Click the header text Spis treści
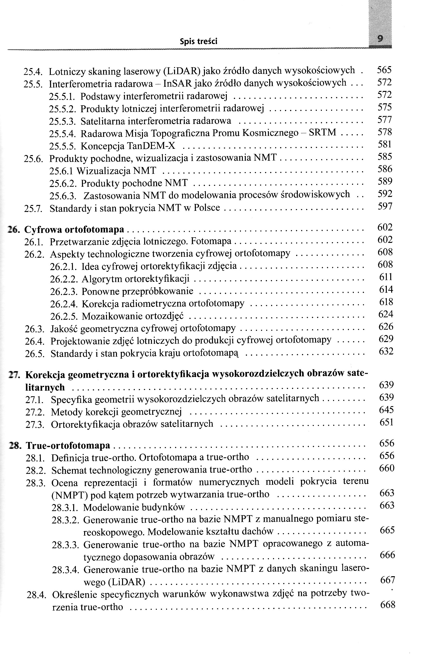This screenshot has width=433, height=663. pos(198,42)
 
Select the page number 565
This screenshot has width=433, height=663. pos(384,70)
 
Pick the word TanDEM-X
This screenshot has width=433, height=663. pos(151,146)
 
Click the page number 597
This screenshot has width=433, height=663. pos(385,206)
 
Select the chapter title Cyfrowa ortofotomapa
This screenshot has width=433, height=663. pos(74,230)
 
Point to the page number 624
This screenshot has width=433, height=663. pos(386,314)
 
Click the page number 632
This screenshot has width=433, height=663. pos(386,351)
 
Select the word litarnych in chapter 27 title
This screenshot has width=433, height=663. pos(45,388)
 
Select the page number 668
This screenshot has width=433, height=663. pos(388,605)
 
